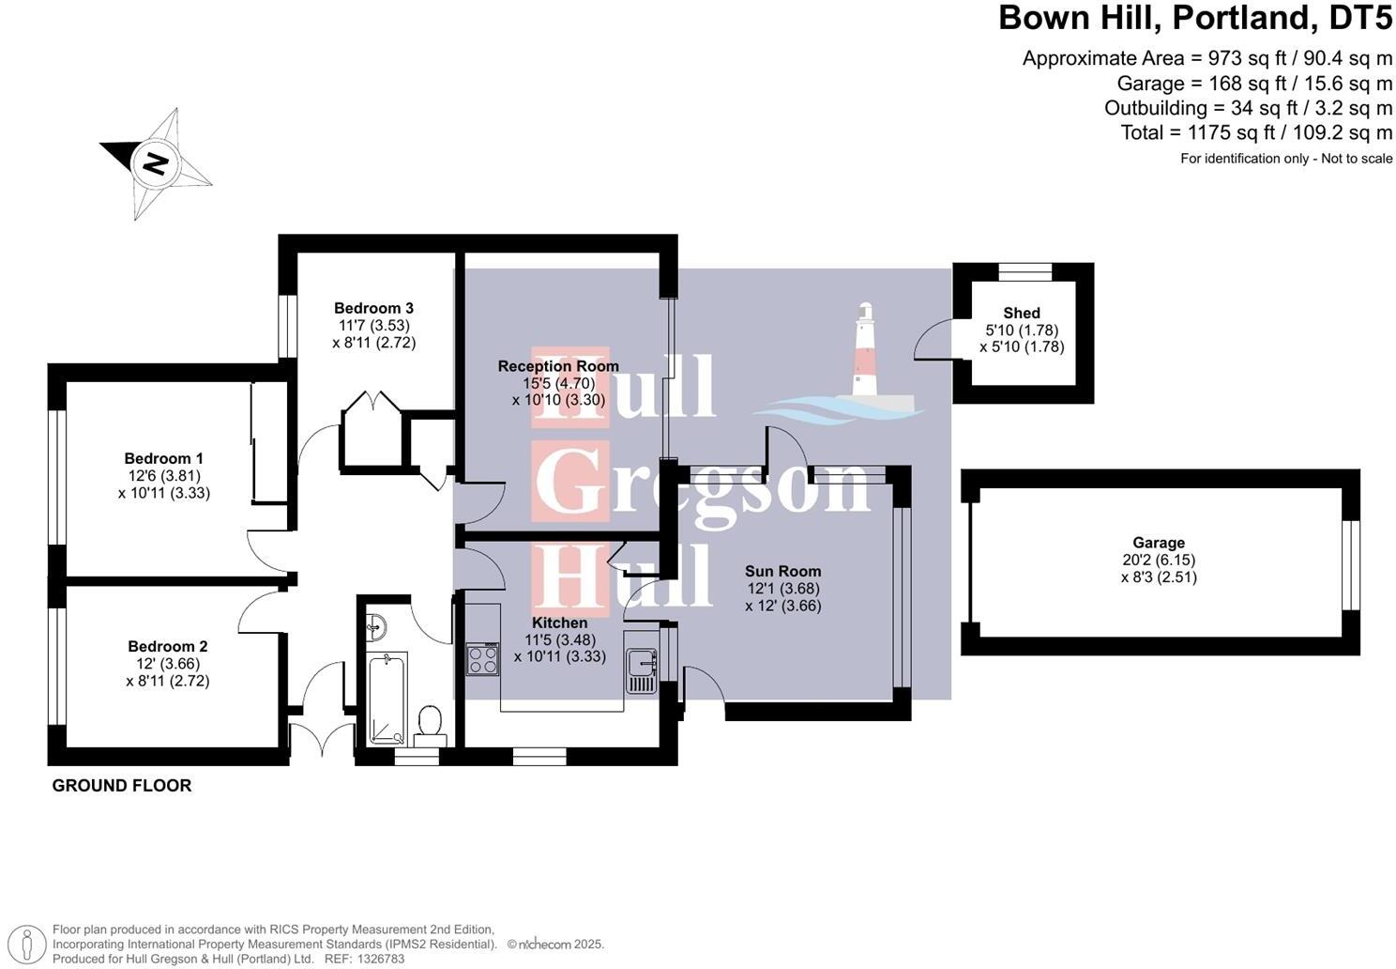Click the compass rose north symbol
[155, 163]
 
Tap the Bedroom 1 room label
[164, 458]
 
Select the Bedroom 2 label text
[168, 646]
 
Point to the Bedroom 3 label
[373, 308]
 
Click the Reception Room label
[558, 366]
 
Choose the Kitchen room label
[559, 623]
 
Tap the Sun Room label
[782, 571]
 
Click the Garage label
[1159, 543]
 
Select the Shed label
[1022, 313]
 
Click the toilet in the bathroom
[430, 722]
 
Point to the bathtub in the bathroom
[387, 695]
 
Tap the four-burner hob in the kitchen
[483, 658]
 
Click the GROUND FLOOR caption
[122, 786]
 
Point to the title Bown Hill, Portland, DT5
[1195, 18]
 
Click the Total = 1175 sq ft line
[1256, 132]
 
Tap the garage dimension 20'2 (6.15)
[1159, 561]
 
